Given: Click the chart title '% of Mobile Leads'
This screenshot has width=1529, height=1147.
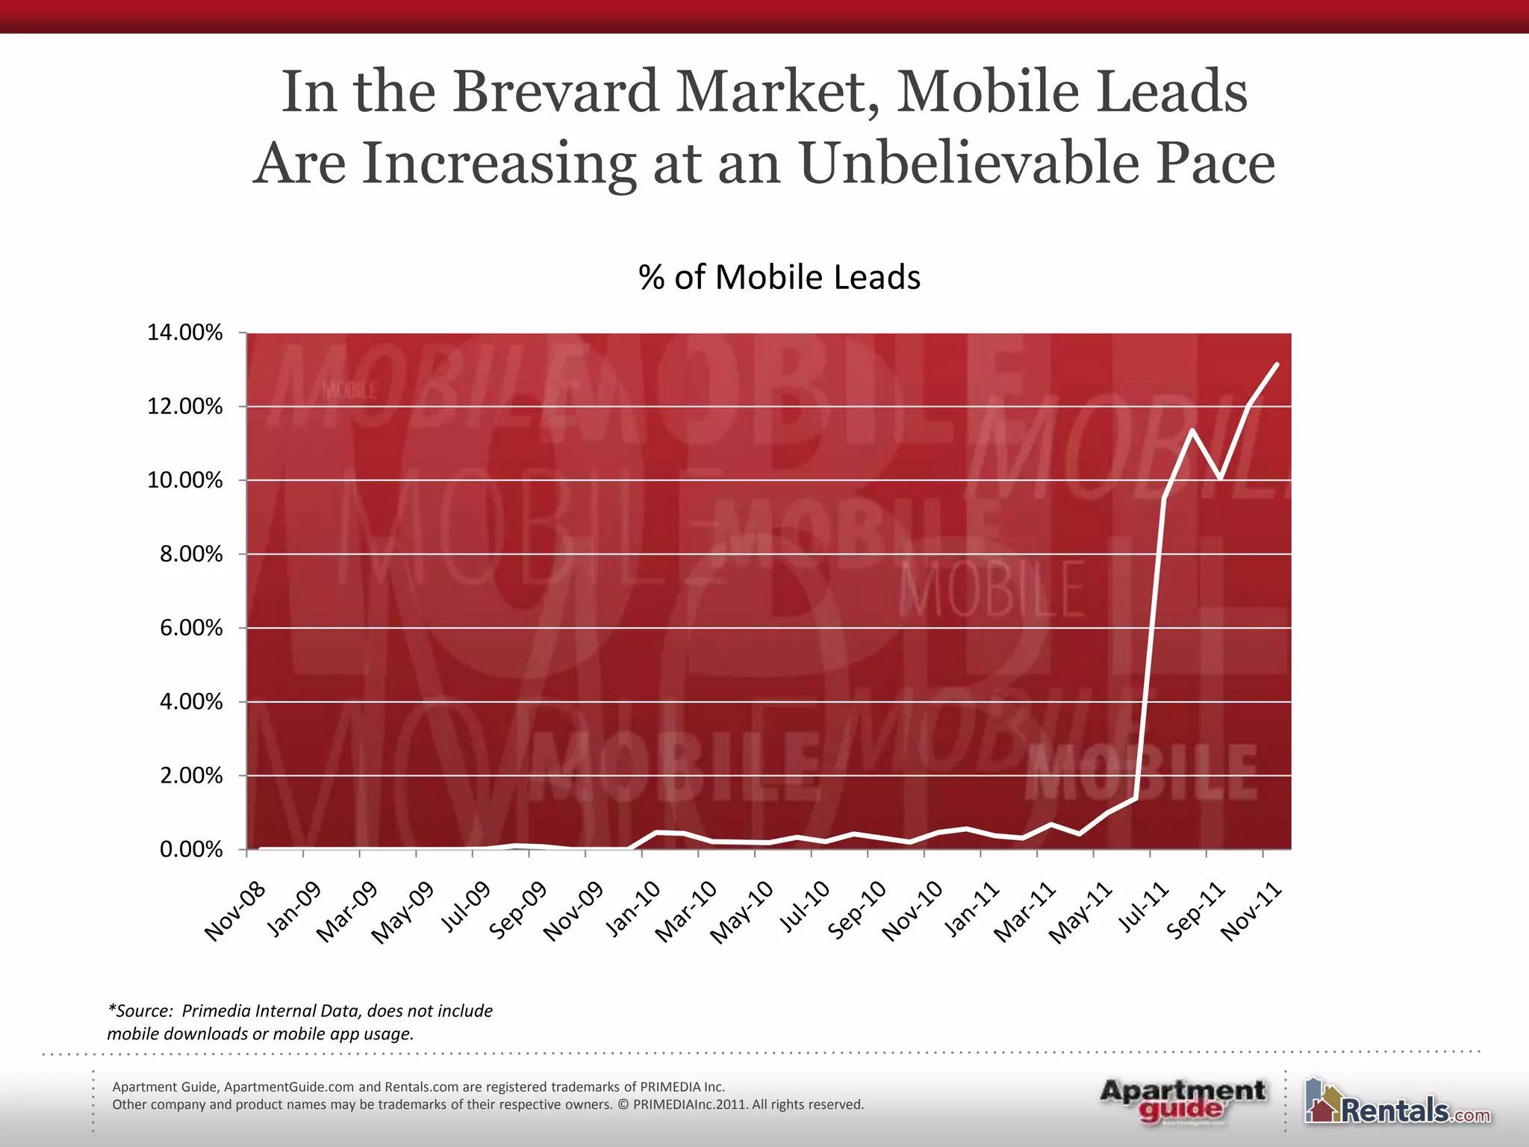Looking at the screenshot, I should (779, 277).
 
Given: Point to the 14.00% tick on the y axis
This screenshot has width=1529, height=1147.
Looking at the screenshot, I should (184, 333).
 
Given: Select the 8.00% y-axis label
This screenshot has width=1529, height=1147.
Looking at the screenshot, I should (190, 554).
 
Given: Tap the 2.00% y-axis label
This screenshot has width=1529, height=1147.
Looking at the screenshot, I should (190, 776).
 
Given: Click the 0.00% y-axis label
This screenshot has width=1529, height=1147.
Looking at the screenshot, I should (190, 850).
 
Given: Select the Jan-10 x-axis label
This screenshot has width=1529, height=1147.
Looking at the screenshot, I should (633, 910).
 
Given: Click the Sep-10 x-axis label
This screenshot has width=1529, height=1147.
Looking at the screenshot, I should (858, 910).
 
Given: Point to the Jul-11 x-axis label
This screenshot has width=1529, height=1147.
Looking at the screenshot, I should (1142, 907).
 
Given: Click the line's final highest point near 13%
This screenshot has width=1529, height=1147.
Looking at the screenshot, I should (1277, 364).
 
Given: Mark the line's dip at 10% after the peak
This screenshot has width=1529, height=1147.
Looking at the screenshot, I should (1221, 477).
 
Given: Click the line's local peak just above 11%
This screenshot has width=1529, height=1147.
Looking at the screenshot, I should (1192, 430).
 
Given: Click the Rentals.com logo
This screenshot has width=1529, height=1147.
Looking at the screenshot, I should (1398, 1102).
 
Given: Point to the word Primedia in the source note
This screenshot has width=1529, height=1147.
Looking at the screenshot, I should (215, 1011).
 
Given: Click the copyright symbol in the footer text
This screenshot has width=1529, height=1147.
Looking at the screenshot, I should (623, 1104).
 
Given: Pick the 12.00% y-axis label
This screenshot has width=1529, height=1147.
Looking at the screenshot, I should (184, 407).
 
